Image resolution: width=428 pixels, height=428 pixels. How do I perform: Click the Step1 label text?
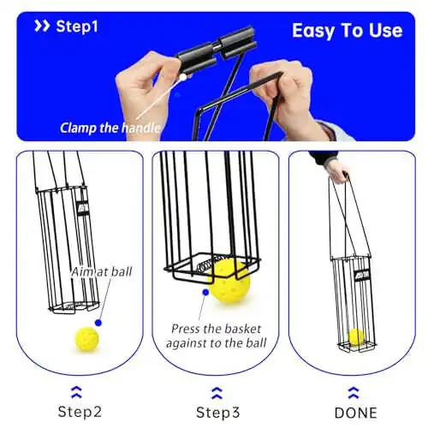point(77,27)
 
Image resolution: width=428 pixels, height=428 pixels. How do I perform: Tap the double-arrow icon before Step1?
point(42,26)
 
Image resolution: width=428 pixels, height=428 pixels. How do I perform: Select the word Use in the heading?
point(385,30)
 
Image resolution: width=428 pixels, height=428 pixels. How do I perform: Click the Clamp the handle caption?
point(110,128)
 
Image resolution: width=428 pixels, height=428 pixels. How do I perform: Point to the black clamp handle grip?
point(217,50)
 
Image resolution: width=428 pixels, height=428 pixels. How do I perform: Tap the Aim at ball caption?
point(102,272)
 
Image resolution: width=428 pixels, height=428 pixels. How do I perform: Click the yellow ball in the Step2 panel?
point(87,339)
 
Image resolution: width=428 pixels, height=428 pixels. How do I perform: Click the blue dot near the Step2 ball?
point(98,323)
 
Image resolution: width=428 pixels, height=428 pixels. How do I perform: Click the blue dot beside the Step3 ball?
point(205,292)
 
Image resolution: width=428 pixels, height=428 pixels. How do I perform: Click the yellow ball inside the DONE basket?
point(356,337)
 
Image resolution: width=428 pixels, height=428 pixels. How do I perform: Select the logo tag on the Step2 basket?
point(83,208)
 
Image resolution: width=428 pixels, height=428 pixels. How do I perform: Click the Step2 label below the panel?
point(80,412)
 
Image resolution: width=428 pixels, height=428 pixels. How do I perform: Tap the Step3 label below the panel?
point(218,413)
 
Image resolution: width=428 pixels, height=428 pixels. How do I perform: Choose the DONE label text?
point(356,413)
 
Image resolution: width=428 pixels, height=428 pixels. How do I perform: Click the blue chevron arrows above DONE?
point(354,392)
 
